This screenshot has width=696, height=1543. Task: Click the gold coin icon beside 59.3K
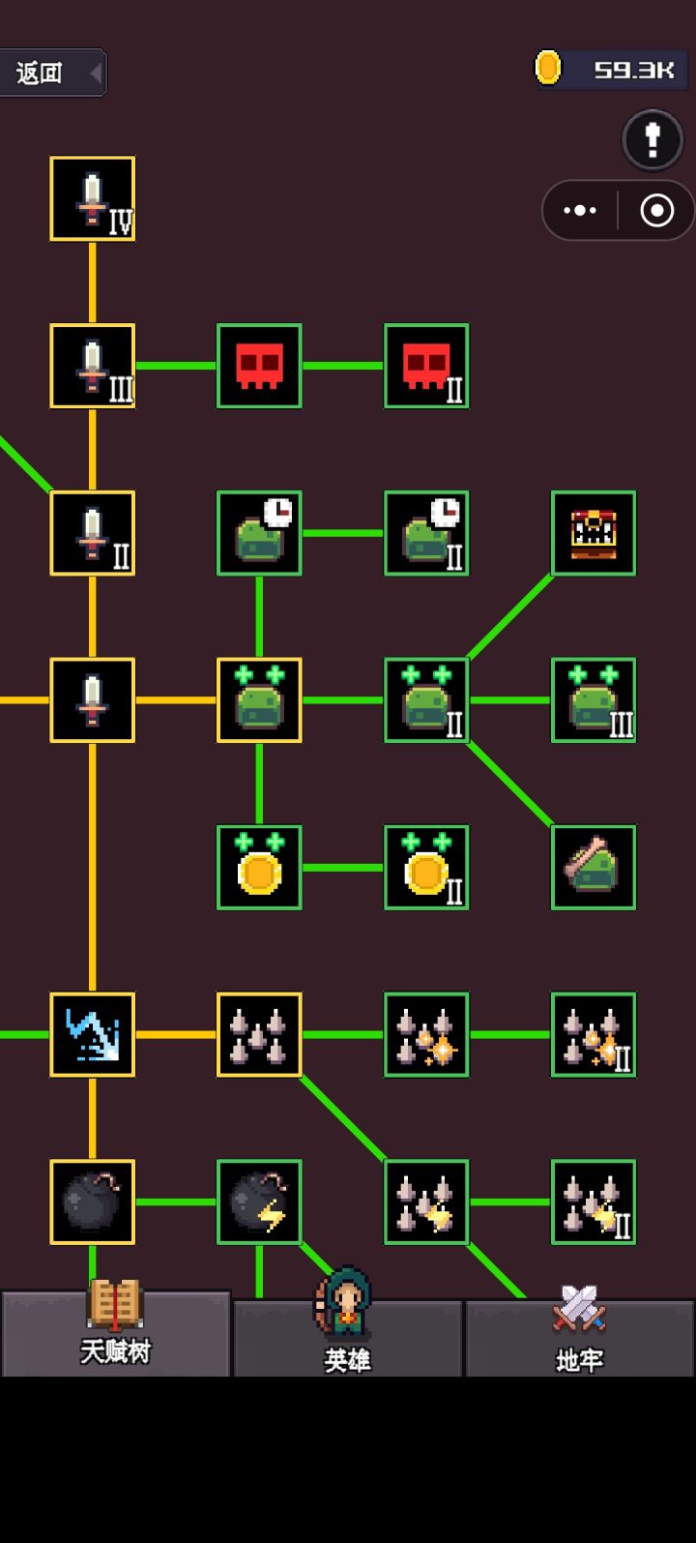pos(548,68)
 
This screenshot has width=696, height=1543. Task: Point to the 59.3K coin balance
pos(634,70)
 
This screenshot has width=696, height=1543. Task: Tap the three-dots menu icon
pos(580,210)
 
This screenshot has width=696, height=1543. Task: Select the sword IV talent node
pos(92,199)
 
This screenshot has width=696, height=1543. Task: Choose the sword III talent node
pos(92,366)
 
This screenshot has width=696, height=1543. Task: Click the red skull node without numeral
pos(259,366)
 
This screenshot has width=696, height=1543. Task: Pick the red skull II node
pos(427,366)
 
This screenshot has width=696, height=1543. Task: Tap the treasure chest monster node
pos(594,533)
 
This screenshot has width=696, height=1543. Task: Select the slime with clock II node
pos(427,533)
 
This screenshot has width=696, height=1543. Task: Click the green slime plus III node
pos(594,700)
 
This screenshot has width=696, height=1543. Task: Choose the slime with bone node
pos(594,867)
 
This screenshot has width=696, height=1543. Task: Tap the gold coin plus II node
pos(427,867)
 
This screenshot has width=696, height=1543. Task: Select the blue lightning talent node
pos(92,1035)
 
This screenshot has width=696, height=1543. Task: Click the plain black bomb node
pos(92,1202)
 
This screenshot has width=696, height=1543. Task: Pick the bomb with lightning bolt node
pos(259,1202)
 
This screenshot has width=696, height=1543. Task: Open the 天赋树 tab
pos(116,1333)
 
